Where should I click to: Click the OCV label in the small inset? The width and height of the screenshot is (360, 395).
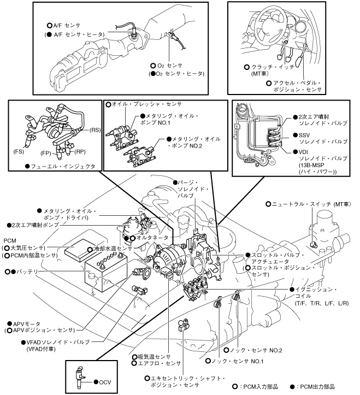point(105,382)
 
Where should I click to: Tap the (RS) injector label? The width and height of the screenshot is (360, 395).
point(95,129)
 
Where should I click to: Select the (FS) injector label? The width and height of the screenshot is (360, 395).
point(19,151)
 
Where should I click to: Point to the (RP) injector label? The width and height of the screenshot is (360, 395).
point(80,152)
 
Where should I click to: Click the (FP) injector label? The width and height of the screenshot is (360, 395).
point(45,153)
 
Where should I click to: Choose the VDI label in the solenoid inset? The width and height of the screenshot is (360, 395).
point(303,152)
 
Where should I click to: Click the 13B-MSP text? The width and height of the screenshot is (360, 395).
point(311,165)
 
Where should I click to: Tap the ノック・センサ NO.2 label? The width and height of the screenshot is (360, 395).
point(256,350)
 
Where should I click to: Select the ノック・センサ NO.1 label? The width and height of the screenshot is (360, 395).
point(237,361)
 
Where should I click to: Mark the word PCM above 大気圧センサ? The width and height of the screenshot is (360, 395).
point(10,240)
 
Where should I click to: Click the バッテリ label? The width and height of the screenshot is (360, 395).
point(27,272)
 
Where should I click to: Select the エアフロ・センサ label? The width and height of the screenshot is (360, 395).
point(160,363)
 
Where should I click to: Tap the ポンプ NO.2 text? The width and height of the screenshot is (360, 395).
point(186,146)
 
